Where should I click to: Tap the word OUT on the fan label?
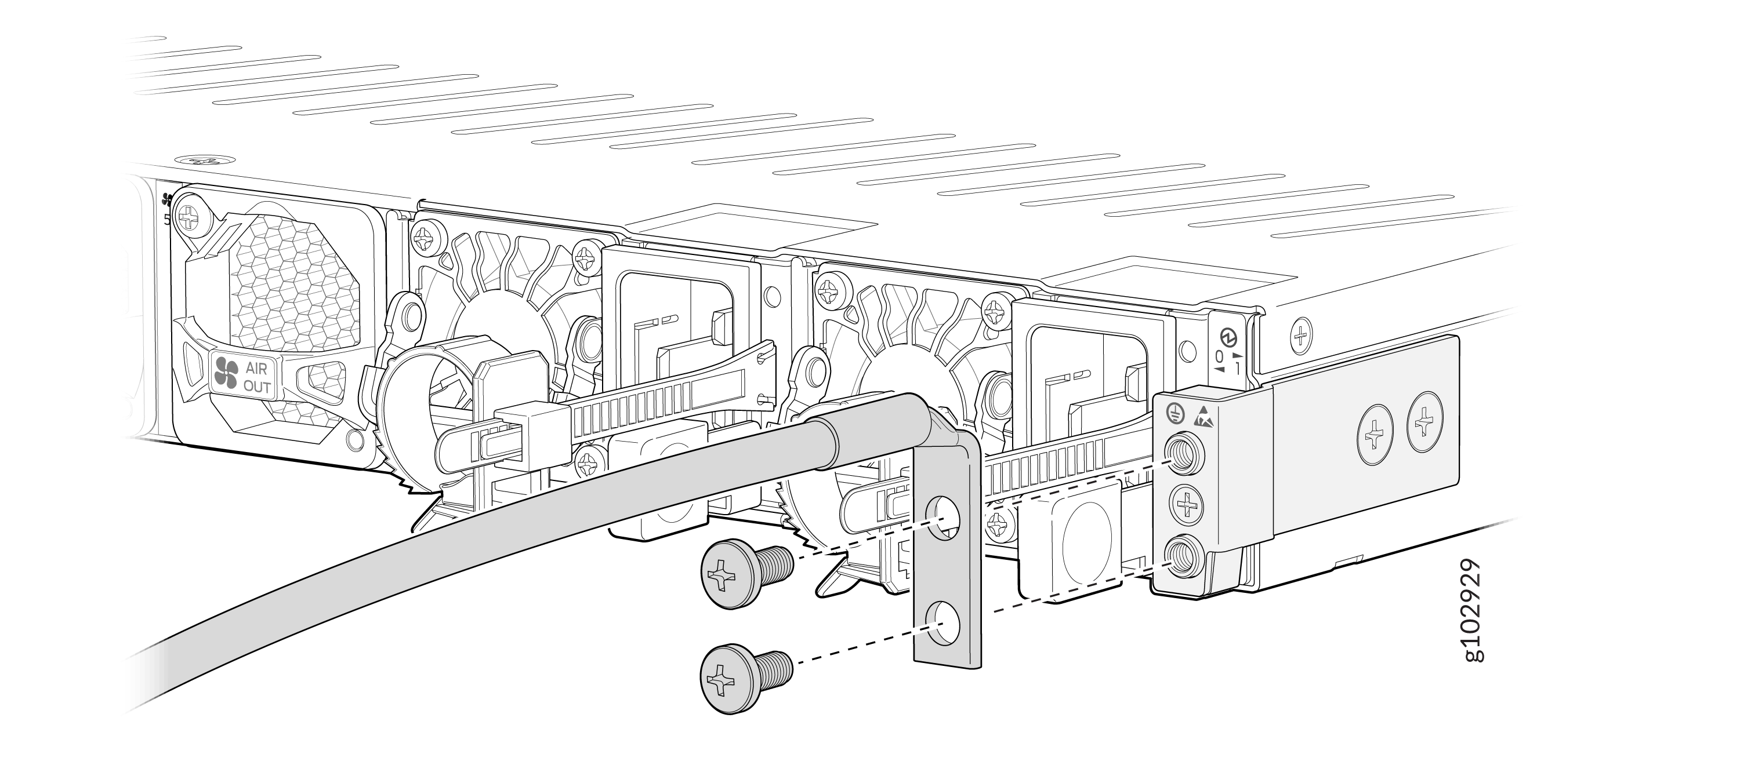click(x=257, y=387)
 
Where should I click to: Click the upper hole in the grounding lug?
click(x=943, y=519)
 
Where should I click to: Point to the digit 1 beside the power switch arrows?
click(x=1237, y=369)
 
